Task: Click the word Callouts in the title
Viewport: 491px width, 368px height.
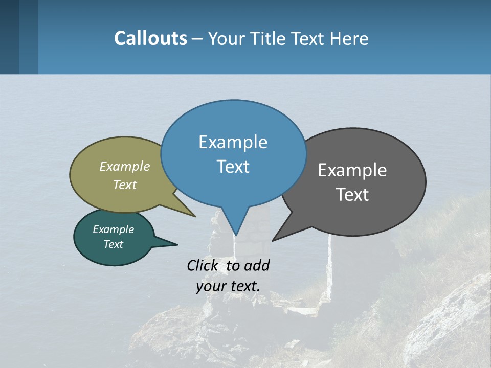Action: point(150,38)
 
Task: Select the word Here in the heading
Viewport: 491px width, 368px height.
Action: point(349,39)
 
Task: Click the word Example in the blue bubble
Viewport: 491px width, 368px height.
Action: point(233,142)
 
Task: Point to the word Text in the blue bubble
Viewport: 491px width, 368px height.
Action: point(233,167)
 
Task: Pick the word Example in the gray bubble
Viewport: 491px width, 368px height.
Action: point(352,170)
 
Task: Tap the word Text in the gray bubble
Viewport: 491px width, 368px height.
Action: point(352,195)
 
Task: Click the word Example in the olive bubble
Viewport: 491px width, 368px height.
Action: point(125,166)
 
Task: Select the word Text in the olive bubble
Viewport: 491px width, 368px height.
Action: point(125,185)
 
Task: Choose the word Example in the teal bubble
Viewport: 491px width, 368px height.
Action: point(114,229)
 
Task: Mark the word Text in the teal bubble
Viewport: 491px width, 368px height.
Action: point(114,244)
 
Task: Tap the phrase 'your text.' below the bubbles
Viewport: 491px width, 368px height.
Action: point(228,286)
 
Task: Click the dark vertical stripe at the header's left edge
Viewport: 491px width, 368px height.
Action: point(9,37)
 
